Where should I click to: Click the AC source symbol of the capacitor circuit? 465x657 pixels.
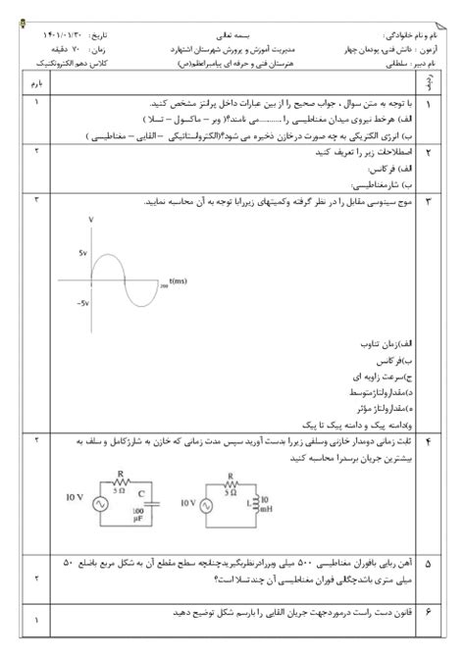(98, 502)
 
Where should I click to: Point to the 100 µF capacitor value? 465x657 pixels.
(138, 515)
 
